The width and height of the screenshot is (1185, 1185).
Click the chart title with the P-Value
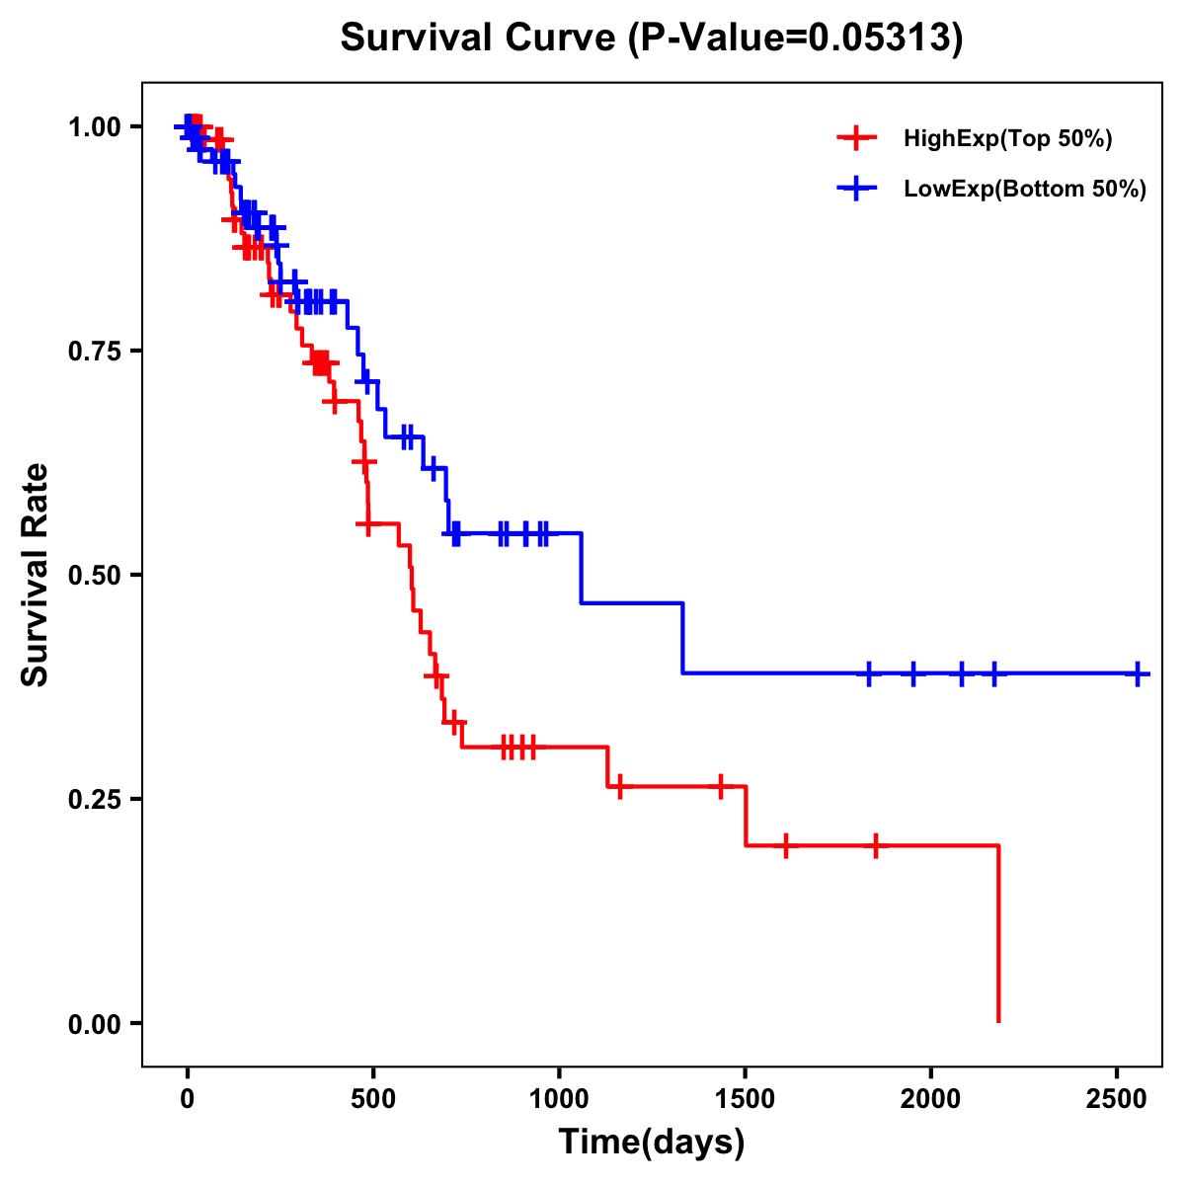651,39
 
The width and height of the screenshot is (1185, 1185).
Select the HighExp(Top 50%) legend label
1007,139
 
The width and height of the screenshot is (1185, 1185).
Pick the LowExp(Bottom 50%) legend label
1025,190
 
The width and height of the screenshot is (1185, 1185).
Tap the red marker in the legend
856,138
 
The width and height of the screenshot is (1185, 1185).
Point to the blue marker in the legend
856,189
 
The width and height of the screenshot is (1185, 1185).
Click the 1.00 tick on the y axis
94,126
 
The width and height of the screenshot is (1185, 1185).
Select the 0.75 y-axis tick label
94,351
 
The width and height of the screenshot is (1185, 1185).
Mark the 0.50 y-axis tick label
94,575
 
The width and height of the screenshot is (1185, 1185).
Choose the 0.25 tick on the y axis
94,799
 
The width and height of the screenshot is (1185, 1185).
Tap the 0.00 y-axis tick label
94,1023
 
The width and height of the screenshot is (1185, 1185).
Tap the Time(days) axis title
651,1143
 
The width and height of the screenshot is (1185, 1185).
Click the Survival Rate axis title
36,574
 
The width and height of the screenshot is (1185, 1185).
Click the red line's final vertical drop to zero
998,933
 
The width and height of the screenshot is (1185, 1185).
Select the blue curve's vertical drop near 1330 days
682,638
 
